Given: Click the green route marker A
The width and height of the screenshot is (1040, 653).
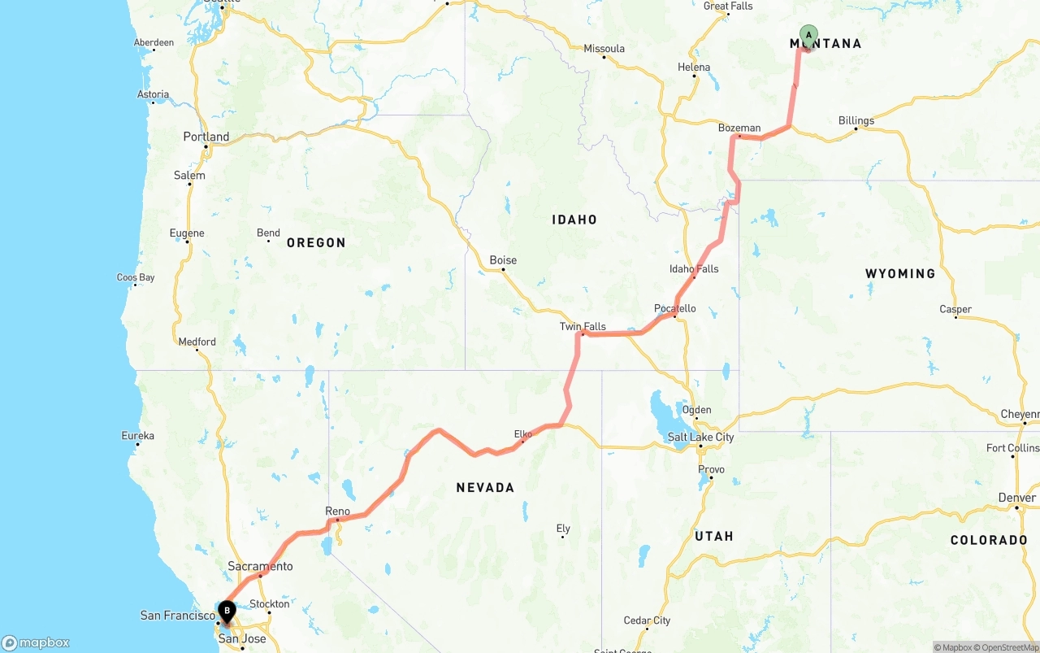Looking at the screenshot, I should [808, 34].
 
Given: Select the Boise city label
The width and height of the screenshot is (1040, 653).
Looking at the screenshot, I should [503, 260].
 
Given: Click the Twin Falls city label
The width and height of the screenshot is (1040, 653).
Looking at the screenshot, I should [583, 326].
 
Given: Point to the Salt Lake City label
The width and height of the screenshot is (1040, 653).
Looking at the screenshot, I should [700, 437].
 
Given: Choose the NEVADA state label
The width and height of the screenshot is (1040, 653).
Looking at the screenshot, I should [485, 488].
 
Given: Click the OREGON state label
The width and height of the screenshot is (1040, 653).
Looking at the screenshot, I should [316, 242].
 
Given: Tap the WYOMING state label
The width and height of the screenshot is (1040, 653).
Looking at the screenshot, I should [900, 274].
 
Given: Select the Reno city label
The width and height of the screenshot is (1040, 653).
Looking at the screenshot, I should [337, 511].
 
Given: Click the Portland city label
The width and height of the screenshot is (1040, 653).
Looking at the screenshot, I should [206, 137].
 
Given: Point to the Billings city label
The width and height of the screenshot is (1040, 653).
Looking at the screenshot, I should [856, 120].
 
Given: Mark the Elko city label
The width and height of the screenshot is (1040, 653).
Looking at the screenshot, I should [523, 434].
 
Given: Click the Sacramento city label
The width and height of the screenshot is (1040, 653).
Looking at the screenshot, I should [260, 566].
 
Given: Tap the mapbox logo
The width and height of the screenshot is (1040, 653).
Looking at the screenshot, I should [37, 642].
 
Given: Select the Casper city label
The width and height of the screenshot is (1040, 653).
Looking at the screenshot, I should [955, 309].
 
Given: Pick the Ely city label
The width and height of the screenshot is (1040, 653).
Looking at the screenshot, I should [563, 529].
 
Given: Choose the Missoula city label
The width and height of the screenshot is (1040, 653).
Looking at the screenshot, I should [604, 49].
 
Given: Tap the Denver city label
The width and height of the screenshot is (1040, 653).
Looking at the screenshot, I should [1017, 498].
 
